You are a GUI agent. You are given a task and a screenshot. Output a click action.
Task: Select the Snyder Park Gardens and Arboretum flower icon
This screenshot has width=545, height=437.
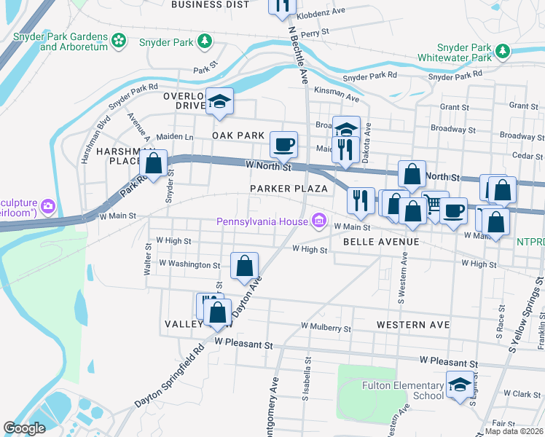tap(120, 42)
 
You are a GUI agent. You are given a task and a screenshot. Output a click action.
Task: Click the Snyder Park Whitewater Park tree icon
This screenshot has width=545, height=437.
tap(502, 51)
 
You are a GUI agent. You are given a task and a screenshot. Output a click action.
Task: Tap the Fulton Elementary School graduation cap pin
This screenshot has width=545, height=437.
tap(459, 386)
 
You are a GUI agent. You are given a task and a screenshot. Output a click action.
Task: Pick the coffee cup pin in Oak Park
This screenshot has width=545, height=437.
tap(283, 143)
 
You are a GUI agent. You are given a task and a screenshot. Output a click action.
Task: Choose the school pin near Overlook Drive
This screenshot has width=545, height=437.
tap(218, 102)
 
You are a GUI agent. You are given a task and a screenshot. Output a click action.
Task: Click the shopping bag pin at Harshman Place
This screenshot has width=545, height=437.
tap(153, 163)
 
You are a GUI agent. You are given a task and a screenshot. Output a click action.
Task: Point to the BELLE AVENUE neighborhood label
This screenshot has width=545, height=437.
tap(381, 241)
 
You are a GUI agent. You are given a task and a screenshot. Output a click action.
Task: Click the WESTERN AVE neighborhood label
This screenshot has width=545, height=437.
tap(413, 324)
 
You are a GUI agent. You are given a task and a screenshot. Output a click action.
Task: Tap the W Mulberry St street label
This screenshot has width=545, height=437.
tap(326, 328)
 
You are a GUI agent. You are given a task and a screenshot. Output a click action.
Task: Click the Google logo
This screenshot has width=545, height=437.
tap(24, 428)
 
